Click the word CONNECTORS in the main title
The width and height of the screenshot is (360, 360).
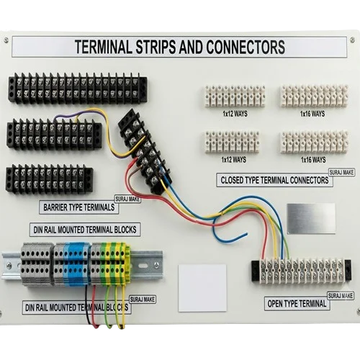click(x=246, y=47)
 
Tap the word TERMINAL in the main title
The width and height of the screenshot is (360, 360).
click(x=104, y=47)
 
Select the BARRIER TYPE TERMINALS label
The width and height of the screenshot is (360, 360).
click(x=78, y=207)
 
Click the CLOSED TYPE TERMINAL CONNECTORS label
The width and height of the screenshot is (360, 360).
click(x=274, y=180)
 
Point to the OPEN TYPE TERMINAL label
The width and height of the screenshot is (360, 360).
click(x=297, y=304)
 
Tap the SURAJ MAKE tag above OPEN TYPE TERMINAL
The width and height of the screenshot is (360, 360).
click(x=341, y=296)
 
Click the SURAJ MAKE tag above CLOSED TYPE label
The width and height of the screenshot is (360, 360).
click(x=341, y=172)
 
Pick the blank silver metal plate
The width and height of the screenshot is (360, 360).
click(x=311, y=218)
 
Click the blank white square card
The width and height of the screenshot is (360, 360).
click(x=202, y=288)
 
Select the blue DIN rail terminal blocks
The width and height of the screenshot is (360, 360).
click(x=76, y=264)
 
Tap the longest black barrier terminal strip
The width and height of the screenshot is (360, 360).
click(x=78, y=88)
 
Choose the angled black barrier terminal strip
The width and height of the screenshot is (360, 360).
click(x=145, y=151)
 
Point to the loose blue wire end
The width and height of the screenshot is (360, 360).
click(x=246, y=233)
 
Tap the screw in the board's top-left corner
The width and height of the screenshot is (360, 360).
click(x=6, y=40)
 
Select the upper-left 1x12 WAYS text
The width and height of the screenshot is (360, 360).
click(x=235, y=114)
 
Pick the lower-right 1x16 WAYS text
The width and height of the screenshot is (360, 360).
click(x=313, y=160)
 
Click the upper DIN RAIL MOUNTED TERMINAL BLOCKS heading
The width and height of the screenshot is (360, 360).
click(x=85, y=230)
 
